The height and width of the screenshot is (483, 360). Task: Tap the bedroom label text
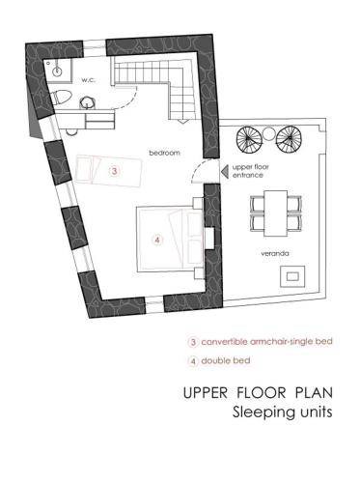coord(164,153)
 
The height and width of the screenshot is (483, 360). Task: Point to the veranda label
coord(275,253)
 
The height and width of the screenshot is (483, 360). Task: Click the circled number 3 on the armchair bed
coord(115,171)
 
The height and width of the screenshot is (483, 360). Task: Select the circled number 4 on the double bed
coord(157,240)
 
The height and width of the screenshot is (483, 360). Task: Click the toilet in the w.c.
coord(61,98)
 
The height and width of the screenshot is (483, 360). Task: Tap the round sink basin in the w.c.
coord(58,71)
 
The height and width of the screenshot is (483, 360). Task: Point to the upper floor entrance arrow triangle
coord(225,172)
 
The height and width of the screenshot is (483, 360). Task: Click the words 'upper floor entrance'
coord(250,171)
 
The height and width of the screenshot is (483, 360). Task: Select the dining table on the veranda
coord(276,213)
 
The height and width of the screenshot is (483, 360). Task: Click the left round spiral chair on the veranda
coord(249,138)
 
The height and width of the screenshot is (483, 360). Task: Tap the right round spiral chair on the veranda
coord(289,138)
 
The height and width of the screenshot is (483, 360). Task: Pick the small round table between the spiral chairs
coord(268,134)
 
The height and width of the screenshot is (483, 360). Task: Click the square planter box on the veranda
coord(292,276)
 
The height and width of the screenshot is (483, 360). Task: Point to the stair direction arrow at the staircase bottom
coord(182,121)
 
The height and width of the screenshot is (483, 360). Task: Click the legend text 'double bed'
coord(226,360)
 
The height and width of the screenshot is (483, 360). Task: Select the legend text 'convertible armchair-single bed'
coord(266,341)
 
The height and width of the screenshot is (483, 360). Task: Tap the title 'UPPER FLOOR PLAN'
coord(258,393)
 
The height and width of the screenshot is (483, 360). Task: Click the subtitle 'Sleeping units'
coord(283,412)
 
